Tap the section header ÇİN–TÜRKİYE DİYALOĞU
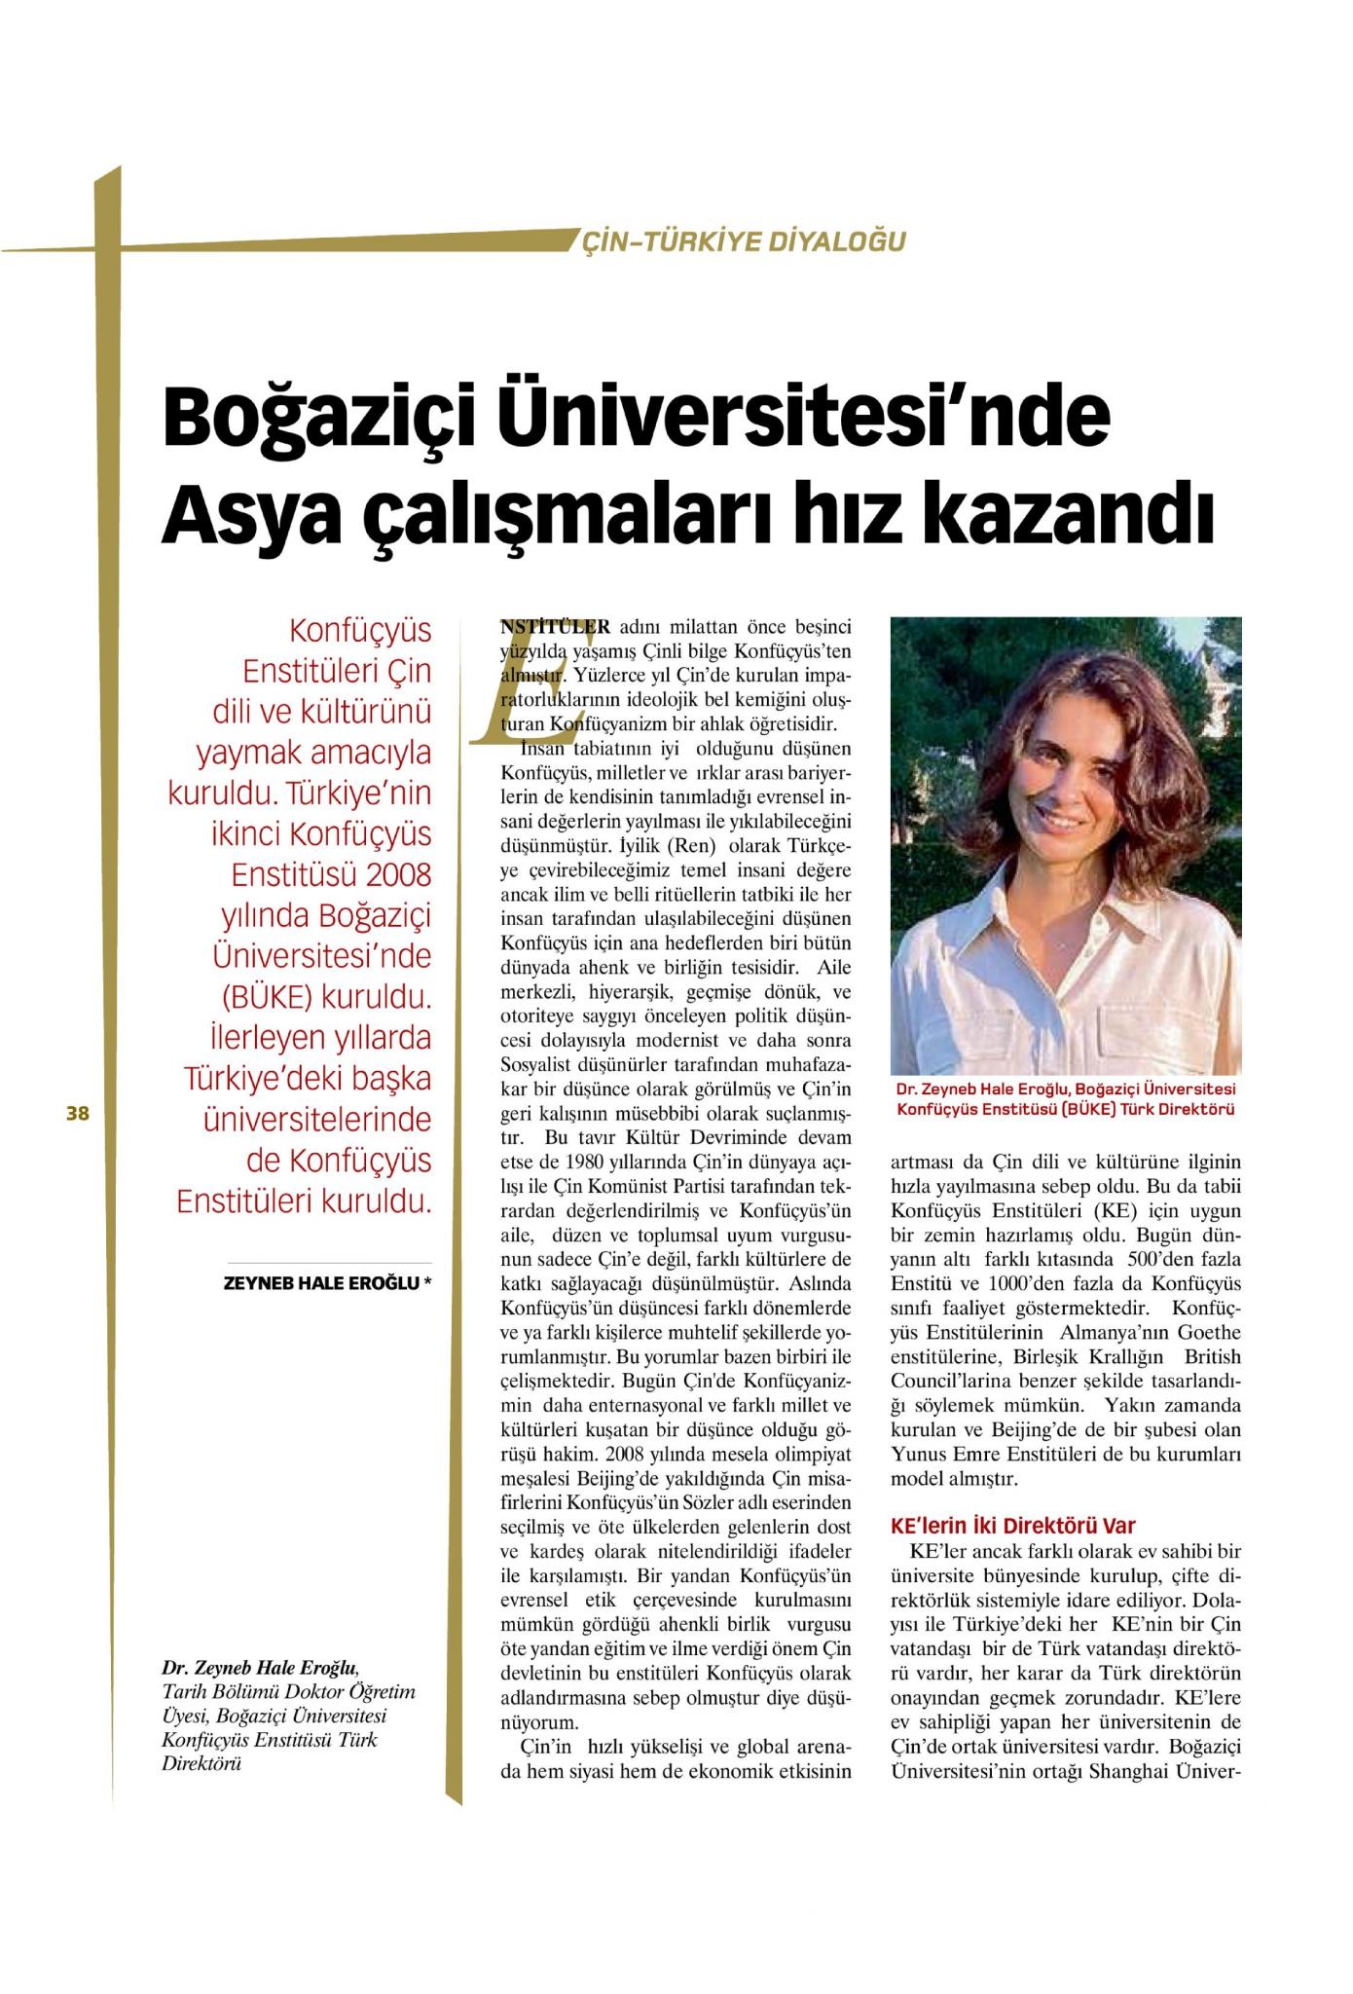coord(743,240)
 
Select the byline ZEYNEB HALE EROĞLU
coord(322,1283)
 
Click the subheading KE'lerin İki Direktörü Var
coord(1012,1526)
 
